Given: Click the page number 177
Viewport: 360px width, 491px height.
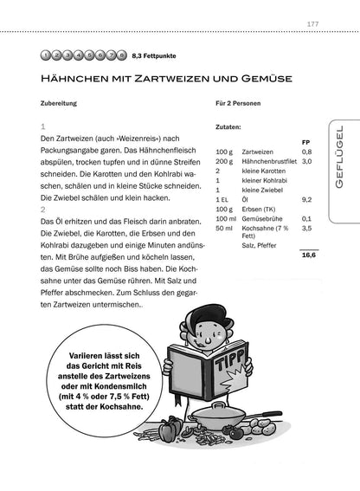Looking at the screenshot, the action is (x=314, y=23).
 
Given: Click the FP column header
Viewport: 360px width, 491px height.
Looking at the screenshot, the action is (x=305, y=141).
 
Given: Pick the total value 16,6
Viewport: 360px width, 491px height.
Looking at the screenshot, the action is (x=308, y=255).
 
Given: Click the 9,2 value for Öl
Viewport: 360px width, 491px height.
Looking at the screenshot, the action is (x=306, y=199).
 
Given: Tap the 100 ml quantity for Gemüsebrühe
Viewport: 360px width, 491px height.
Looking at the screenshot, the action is (x=225, y=219).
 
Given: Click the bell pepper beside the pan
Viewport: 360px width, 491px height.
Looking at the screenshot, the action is (x=170, y=428).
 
